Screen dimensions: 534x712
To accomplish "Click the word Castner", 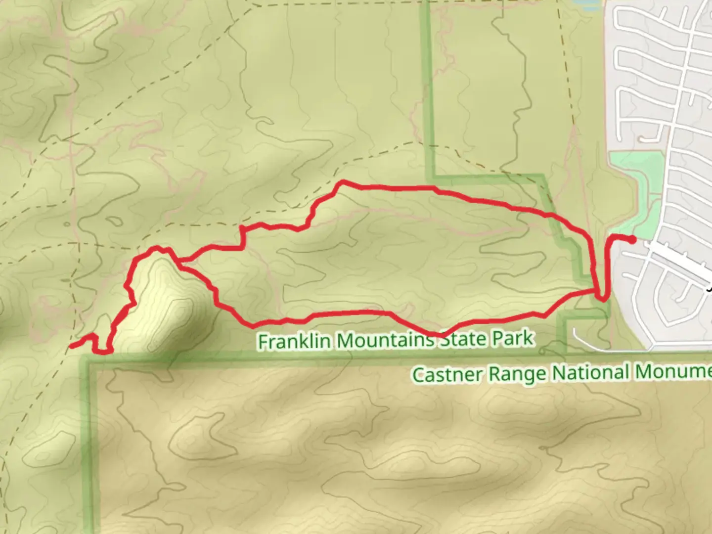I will (447, 374).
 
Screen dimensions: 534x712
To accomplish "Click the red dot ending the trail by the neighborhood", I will (632, 240).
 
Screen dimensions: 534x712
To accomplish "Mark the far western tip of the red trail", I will (72, 346).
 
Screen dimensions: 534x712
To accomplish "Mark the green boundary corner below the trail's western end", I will (89, 361).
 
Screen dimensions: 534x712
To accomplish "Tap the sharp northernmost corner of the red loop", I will (341, 182).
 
